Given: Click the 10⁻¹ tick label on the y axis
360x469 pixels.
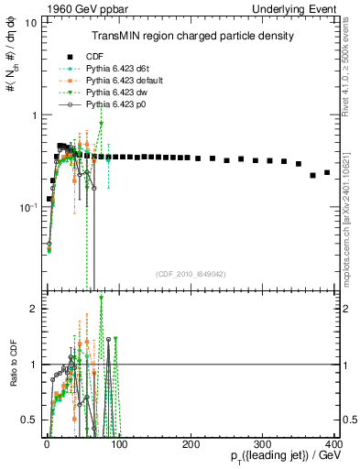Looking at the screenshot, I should coord(27,208).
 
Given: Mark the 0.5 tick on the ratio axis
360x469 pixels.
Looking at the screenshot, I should coord(28,420).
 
